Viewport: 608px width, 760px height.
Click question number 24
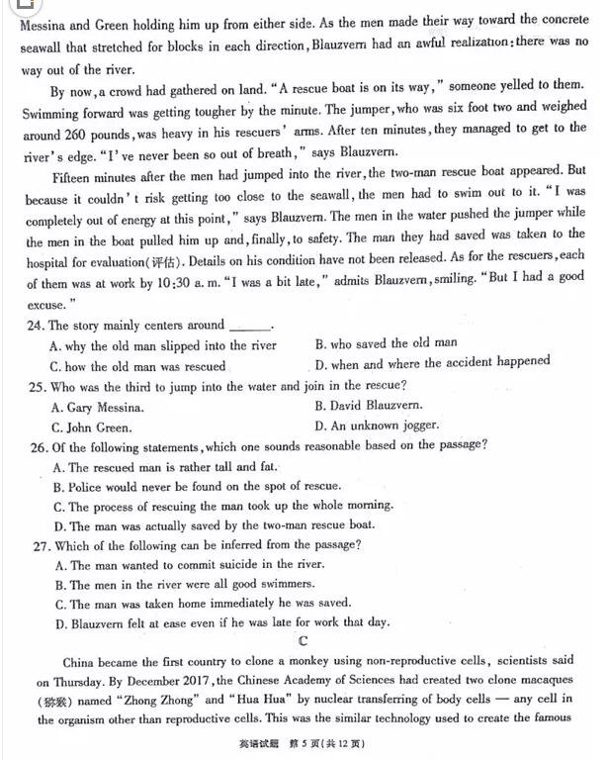37,326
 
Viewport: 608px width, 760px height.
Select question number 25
37,386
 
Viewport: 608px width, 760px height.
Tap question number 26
37,446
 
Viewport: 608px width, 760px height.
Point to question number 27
37,545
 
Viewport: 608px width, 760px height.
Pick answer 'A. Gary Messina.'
97,407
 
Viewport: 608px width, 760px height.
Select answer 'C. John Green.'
91,427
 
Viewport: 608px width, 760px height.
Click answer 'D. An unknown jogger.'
377,426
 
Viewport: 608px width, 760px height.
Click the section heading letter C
303,641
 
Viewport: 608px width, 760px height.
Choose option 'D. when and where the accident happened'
432,362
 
